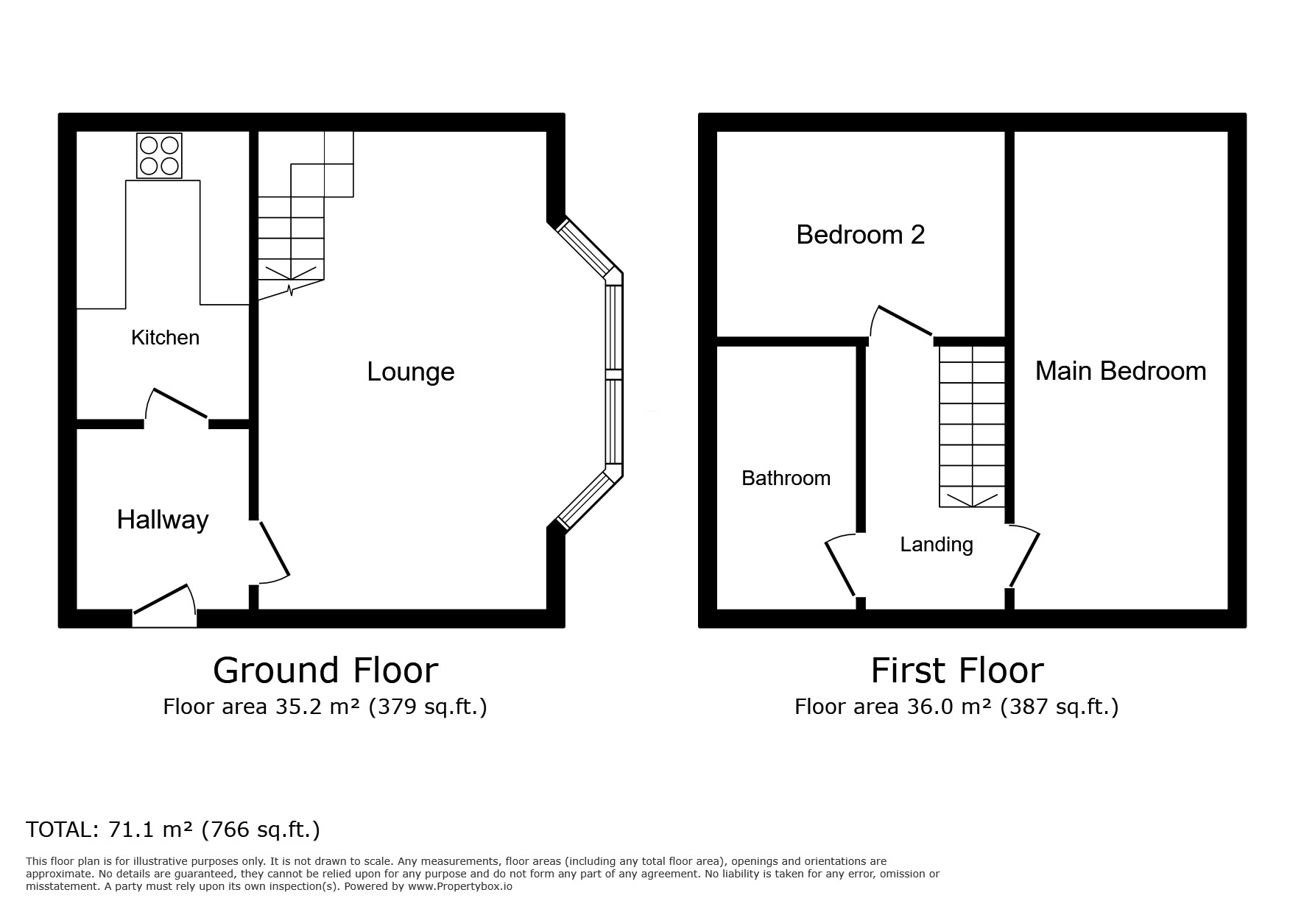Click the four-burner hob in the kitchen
pyautogui.click(x=159, y=155)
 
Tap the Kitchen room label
pyautogui.click(x=165, y=338)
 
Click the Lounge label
pyautogui.click(x=410, y=372)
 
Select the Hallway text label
pyautogui.click(x=163, y=520)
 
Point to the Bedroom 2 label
pyautogui.click(x=860, y=235)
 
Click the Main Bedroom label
pyautogui.click(x=1120, y=371)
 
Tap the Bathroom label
pyautogui.click(x=786, y=478)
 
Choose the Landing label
pyautogui.click(x=936, y=545)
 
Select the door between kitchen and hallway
pyautogui.click(x=177, y=405)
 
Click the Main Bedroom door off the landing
pyautogui.click(x=1024, y=558)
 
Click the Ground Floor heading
pyautogui.click(x=325, y=671)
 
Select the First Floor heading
pyautogui.click(x=956, y=671)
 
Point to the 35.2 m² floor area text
pyautogui.click(x=325, y=707)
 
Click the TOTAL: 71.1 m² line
pyautogui.click(x=173, y=830)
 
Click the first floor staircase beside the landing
pyautogui.click(x=972, y=427)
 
